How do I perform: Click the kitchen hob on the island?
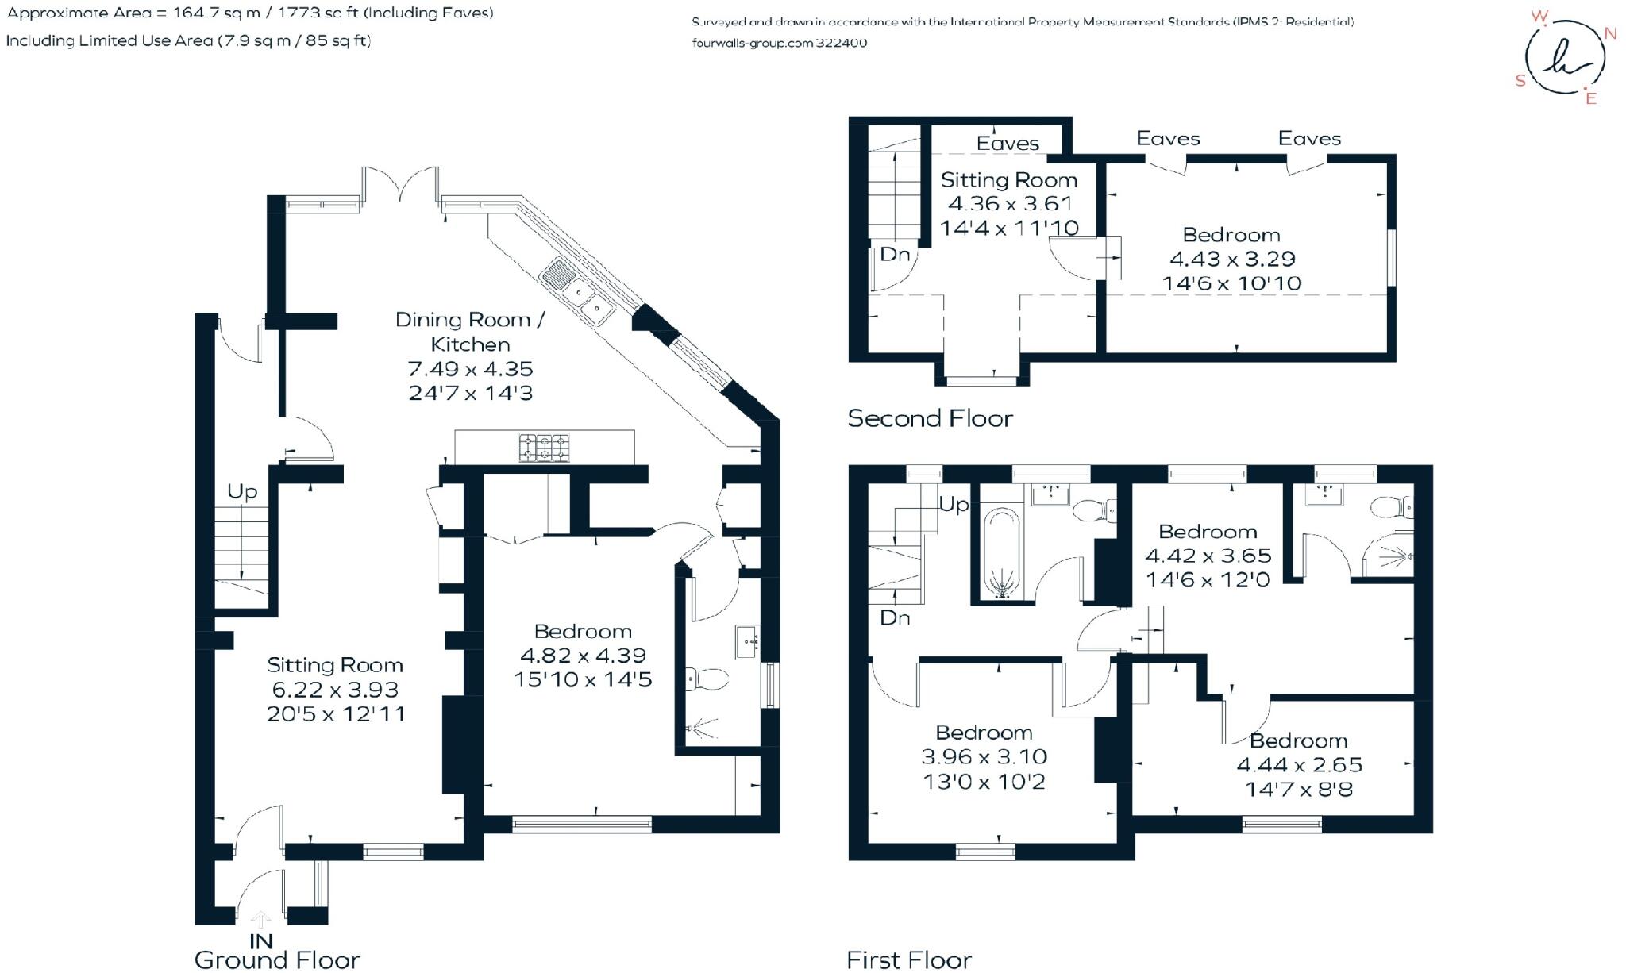(545, 448)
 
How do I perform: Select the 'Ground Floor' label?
(277, 960)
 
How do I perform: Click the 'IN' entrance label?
(261, 941)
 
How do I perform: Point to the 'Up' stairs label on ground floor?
(242, 492)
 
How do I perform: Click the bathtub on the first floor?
(1001, 552)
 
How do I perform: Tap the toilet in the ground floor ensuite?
(707, 679)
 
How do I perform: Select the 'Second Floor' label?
(930, 418)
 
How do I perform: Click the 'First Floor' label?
(909, 960)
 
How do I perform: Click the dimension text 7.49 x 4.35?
(470, 369)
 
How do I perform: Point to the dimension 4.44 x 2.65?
(1299, 765)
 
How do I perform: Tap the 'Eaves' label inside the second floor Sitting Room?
(1008, 144)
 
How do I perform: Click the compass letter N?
(1610, 33)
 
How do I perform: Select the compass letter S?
(1520, 80)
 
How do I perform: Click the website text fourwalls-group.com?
(751, 43)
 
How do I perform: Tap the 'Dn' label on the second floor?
(895, 255)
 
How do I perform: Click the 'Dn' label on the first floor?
(895, 618)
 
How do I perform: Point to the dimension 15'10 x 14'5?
(583, 680)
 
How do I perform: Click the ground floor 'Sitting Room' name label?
(334, 665)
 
